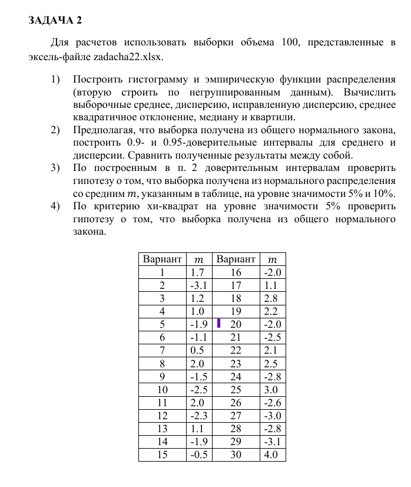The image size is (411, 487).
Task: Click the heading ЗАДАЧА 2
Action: coord(55,21)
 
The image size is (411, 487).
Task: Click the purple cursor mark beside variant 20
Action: coord(218,323)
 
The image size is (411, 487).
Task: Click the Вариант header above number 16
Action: coord(236,259)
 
